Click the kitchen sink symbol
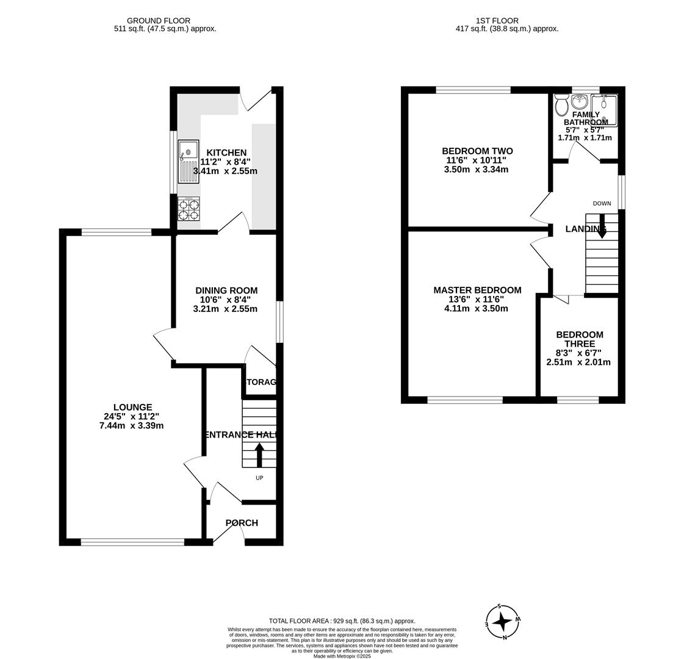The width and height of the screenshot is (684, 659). tap(189, 161)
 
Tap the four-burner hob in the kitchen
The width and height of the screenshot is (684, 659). tap(189, 209)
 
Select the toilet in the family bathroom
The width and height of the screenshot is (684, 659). tap(562, 105)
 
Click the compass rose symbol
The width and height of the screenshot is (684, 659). tap(502, 622)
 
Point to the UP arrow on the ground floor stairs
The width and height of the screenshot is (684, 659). tap(259, 455)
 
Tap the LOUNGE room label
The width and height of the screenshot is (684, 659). tap(132, 408)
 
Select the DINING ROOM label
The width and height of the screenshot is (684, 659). tap(226, 290)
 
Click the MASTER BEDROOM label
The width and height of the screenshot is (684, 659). tap(477, 290)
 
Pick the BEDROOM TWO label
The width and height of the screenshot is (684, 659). tap(477, 151)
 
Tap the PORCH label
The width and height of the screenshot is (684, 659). tap(242, 523)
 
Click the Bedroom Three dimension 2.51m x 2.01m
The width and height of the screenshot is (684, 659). tap(578, 362)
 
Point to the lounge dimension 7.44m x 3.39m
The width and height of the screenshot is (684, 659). tap(132, 426)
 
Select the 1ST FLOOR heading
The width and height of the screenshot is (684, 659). tap(506, 21)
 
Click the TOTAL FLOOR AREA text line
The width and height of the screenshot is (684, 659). tap(342, 621)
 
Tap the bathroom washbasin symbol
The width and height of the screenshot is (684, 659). tap(579, 102)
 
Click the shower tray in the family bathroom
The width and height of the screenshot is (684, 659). tap(604, 110)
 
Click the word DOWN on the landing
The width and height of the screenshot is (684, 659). tap(602, 204)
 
